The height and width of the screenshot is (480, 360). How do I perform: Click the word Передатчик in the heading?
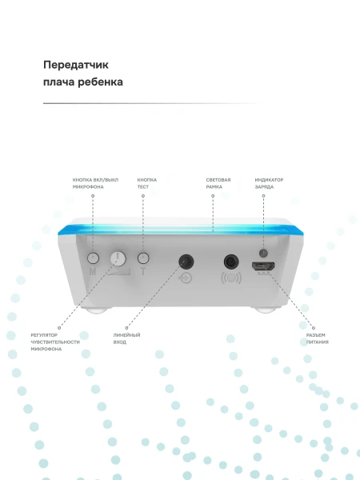[76, 65]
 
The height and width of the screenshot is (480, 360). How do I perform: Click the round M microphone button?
[93, 258]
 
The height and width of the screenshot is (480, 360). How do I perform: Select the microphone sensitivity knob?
[118, 258]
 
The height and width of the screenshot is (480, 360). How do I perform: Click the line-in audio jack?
[186, 262]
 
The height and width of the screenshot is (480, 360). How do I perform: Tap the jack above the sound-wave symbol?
[231, 262]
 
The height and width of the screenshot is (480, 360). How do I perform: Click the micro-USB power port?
[263, 266]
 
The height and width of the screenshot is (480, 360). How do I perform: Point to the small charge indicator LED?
[263, 253]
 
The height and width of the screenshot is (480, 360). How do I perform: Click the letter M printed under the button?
[93, 271]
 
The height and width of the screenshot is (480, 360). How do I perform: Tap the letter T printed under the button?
[143, 271]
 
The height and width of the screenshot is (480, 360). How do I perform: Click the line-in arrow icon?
[186, 278]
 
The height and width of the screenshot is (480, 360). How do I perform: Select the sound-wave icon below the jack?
[231, 278]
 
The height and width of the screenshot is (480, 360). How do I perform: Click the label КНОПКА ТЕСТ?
[147, 183]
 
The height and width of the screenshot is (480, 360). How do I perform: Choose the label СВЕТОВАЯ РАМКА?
[218, 183]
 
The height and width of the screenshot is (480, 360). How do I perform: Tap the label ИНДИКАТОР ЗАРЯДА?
[269, 183]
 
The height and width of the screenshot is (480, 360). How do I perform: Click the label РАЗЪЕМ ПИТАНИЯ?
[318, 338]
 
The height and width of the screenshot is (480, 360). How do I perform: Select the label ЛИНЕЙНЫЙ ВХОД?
[126, 338]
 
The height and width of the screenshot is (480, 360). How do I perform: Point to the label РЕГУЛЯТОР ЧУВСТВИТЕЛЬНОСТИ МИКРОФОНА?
[55, 342]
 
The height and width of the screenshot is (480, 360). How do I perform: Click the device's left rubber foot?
[96, 310]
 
